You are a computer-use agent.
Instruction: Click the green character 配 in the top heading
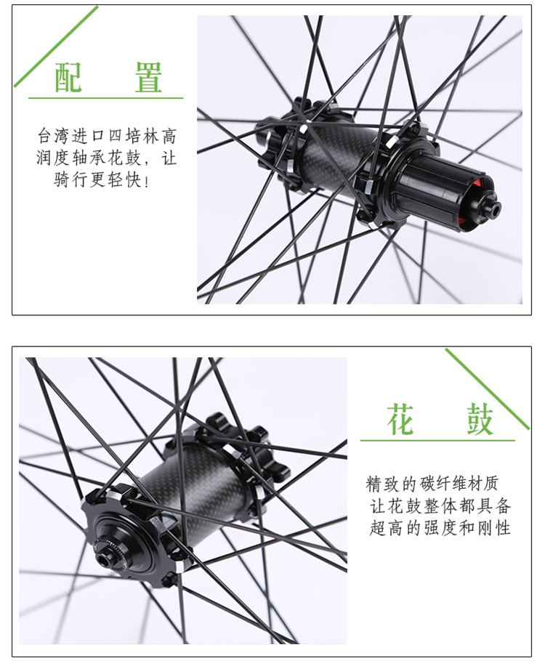68,77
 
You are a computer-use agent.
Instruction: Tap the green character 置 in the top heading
148,77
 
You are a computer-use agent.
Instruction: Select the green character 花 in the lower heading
400,420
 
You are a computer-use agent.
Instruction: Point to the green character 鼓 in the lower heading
480,420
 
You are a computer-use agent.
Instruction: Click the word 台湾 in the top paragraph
53,136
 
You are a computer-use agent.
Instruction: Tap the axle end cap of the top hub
493,208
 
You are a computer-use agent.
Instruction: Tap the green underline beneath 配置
106,98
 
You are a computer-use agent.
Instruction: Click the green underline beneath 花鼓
437,440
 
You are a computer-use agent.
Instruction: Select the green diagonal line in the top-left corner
56,46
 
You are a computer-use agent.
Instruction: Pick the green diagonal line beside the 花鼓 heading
487,389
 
